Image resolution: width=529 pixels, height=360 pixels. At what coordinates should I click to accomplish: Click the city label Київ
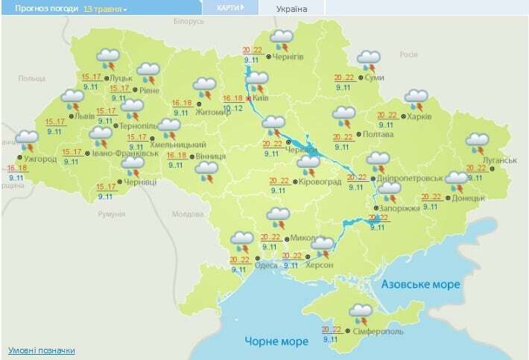259,98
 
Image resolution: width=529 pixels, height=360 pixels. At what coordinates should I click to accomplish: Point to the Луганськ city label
500,160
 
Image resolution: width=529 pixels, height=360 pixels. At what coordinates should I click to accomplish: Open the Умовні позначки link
41,350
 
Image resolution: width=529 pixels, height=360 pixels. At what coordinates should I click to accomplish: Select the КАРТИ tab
227,8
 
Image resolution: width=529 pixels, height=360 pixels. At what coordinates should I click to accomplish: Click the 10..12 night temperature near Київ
233,108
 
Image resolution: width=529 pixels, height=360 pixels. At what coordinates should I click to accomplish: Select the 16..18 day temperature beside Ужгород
18,168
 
